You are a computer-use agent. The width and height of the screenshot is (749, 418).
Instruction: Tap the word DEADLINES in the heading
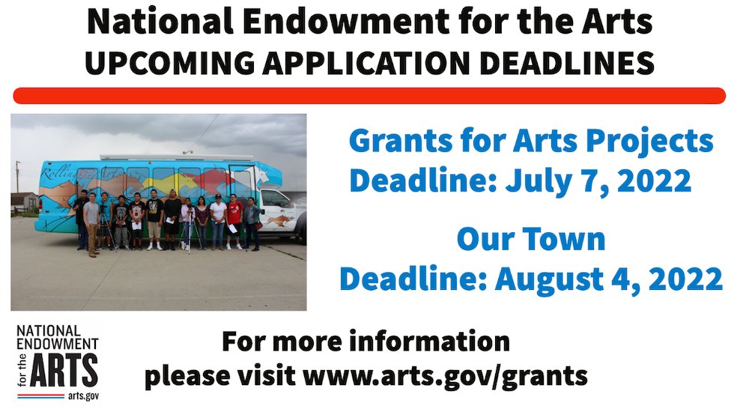click(567, 63)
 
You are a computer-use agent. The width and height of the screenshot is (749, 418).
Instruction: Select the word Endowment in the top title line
click(346, 22)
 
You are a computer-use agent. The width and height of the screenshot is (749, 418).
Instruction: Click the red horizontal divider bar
click(369, 96)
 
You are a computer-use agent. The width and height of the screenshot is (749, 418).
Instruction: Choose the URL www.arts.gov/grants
click(445, 376)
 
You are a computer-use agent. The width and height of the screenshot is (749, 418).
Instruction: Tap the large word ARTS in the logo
click(64, 371)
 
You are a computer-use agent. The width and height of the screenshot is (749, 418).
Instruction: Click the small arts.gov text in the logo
click(83, 396)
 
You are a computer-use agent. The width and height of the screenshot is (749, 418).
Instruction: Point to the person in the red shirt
click(234, 222)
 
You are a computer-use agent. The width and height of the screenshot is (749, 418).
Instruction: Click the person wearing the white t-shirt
click(218, 222)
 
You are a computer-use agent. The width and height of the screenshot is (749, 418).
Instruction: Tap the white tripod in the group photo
click(190, 231)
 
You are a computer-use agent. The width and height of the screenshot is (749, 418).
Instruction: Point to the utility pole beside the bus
click(18, 177)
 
